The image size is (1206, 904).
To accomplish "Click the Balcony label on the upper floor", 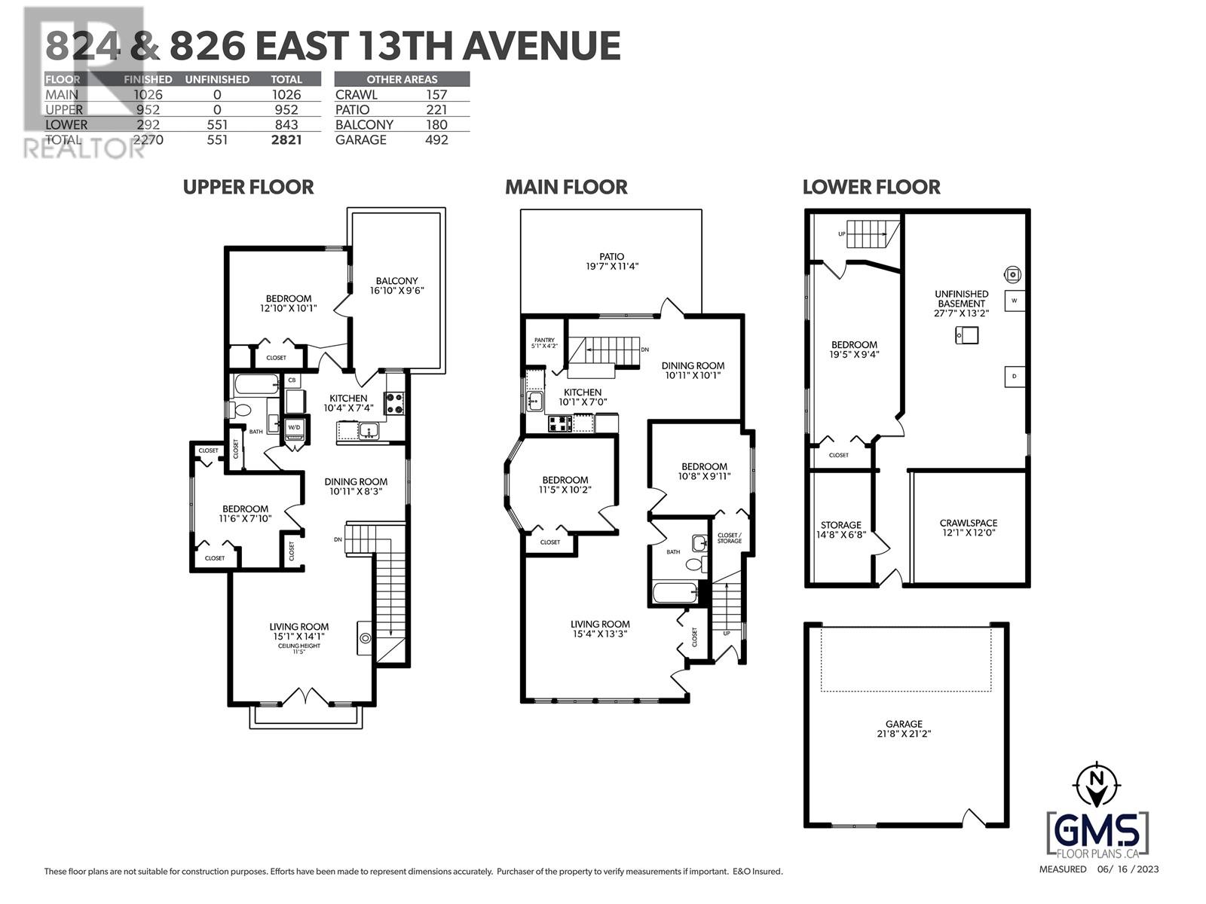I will pos(396,280).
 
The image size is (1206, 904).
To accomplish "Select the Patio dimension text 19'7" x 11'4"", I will pos(612,267).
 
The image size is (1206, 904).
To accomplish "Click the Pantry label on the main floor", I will pos(544,341).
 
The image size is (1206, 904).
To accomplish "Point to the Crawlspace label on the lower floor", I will pos(968,523).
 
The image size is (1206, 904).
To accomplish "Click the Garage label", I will pos(904,724).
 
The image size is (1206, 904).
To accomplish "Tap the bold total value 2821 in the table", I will pos(286,139).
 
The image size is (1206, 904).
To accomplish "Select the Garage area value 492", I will pos(436,139).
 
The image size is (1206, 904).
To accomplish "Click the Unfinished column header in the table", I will pos(217,79).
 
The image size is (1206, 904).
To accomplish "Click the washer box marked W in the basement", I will pos(1015,301).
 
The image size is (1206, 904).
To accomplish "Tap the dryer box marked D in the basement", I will pos(1015,376).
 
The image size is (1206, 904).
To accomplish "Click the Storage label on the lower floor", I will pos(840,525).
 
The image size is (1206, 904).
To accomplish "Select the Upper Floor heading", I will pos(249,187).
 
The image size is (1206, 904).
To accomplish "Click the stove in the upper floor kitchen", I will pos(395,403).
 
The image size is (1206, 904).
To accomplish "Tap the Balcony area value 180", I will pos(436,124).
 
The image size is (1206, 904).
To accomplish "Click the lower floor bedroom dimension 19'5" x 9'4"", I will pos(854,354).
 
